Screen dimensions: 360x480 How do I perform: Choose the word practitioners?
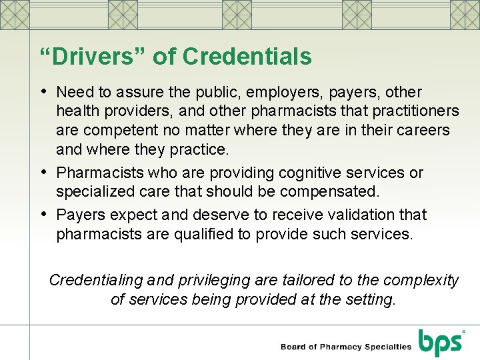(413, 111)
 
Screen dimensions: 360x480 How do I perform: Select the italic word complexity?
(425, 281)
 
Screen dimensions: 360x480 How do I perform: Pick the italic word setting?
(369, 300)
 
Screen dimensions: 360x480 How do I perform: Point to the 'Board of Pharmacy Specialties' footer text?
(346, 347)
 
